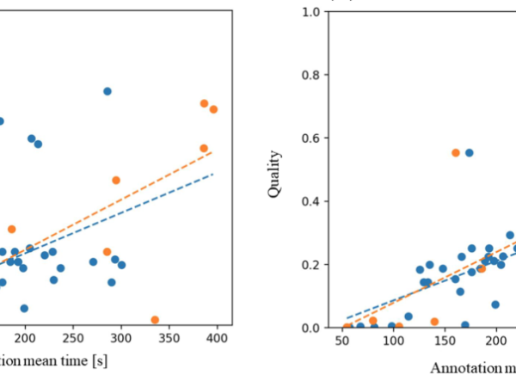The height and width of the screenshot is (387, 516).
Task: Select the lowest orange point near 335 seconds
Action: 155,320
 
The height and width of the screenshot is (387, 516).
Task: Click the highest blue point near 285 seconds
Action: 107,91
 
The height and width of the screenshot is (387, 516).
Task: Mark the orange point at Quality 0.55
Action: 456,152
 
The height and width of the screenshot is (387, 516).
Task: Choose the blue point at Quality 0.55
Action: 470,152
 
